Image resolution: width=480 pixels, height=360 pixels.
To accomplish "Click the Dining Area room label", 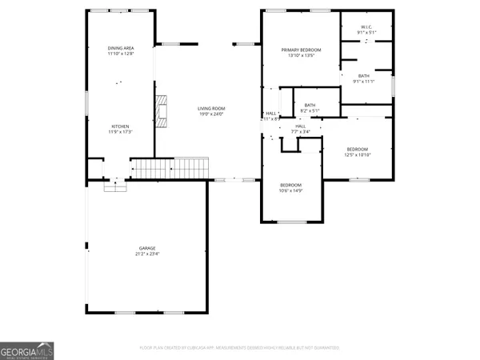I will coord(122,49).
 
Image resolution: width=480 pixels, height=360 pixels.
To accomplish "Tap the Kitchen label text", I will coord(121,126).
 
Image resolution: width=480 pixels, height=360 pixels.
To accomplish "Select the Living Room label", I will coord(212,108).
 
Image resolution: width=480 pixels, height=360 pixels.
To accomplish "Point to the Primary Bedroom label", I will coord(298,50).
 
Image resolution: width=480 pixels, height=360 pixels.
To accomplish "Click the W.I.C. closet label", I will coord(366,26).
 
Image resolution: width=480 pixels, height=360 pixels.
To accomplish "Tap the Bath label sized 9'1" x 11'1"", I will coord(364,75).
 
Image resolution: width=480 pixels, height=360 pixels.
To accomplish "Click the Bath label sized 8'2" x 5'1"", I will coord(310,105).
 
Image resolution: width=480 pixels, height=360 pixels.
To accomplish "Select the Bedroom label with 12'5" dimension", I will coord(358,150).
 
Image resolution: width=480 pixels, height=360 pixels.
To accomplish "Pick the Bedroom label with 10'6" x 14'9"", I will coord(290,185).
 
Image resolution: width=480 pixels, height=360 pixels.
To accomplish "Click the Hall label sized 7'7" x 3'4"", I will coord(301,126).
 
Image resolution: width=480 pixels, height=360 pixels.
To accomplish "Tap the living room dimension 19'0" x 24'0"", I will coord(212,114).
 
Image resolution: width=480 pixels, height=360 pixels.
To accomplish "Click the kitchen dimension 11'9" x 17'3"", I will coord(121,132).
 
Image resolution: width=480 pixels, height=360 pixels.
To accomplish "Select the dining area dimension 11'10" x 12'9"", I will coord(122,55).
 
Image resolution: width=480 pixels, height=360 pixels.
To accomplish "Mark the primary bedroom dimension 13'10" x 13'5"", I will coord(298,56).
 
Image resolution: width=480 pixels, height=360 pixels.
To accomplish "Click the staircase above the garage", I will coord(170,169).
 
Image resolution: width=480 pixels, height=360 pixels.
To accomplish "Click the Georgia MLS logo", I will coord(27,350).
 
